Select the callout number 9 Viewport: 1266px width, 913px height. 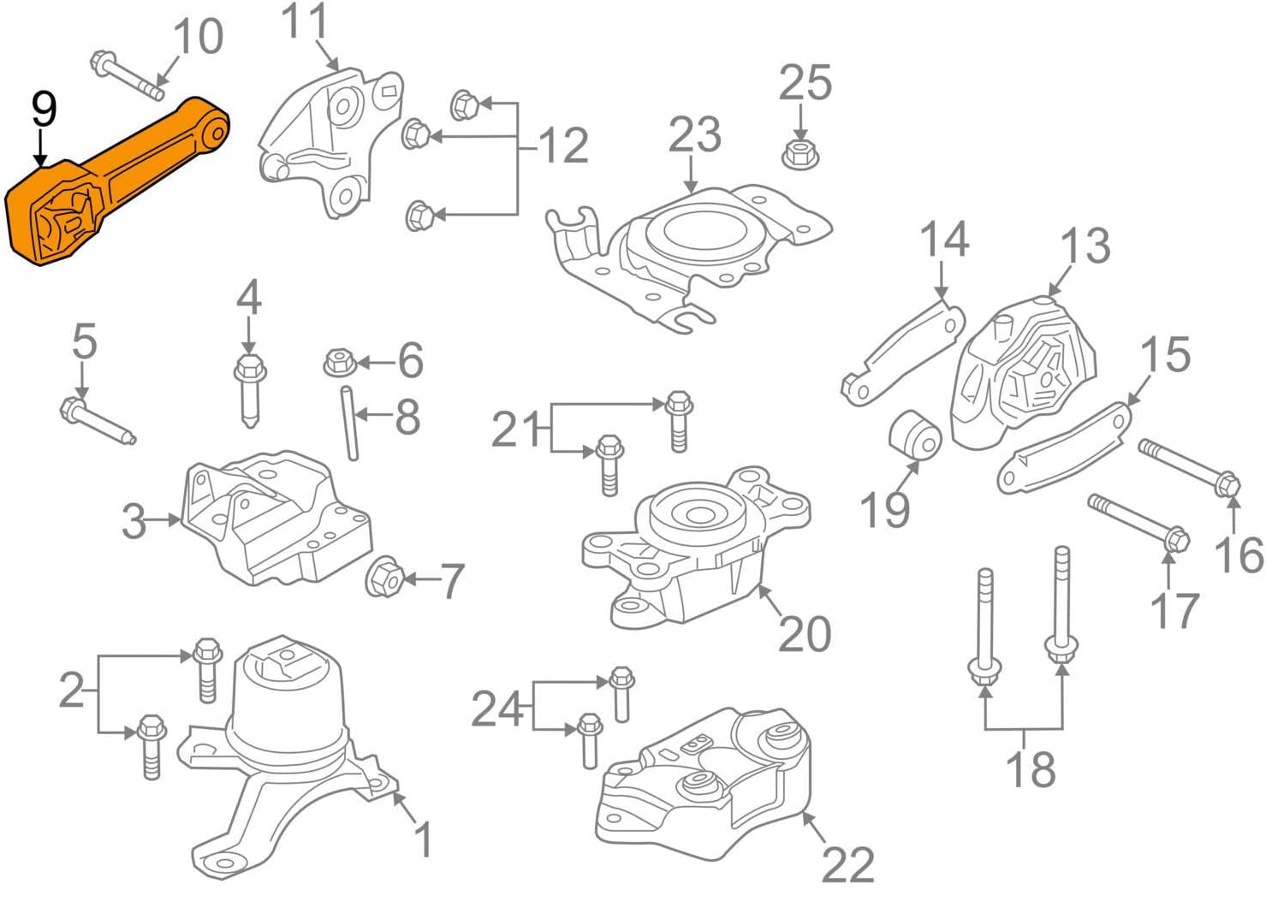[44, 110]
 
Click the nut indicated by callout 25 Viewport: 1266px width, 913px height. [799, 154]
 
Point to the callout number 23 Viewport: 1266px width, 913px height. [694, 135]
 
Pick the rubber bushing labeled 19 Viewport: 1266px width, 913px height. [915, 436]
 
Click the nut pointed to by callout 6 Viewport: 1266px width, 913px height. [338, 363]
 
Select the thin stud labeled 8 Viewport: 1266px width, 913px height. [350, 424]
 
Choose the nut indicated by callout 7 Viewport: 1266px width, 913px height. [384, 579]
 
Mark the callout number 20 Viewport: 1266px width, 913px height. [805, 634]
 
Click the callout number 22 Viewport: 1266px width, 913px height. [847, 865]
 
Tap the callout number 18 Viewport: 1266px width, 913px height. [1030, 768]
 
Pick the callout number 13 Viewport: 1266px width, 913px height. [1085, 246]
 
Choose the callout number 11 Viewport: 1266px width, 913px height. [304, 21]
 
